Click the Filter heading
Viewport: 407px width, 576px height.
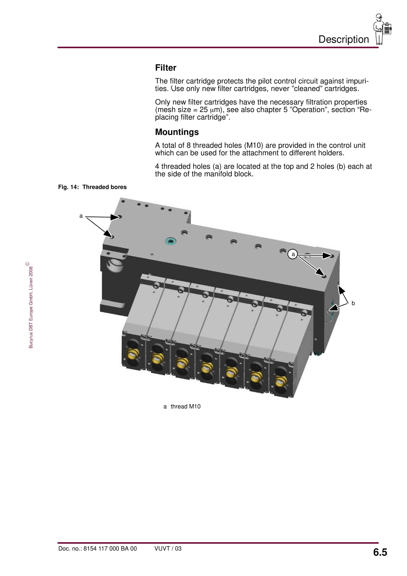pos(166,68)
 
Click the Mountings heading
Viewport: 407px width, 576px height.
pos(177,132)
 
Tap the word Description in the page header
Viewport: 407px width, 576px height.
pos(344,39)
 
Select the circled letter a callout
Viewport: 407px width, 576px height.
pos(293,254)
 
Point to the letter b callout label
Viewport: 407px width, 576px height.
pos(353,303)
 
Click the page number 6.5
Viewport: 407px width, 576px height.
pos(380,552)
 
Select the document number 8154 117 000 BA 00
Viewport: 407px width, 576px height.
pos(110,548)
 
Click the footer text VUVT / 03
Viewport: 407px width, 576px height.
pos(168,548)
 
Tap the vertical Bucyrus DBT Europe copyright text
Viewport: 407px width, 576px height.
pos(31,306)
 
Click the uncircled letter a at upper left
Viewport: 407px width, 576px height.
pos(81,216)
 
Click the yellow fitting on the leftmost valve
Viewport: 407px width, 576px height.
pos(133,354)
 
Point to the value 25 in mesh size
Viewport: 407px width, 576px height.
pos(203,110)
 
